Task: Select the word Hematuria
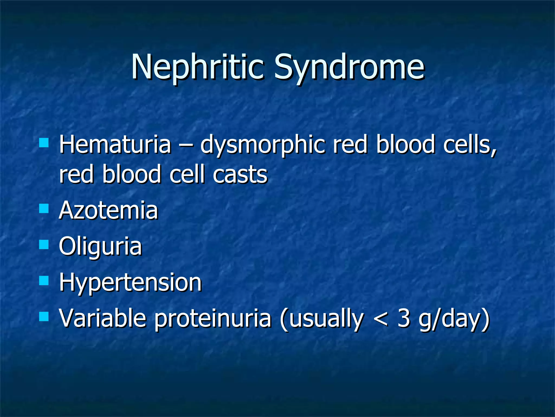[115, 145]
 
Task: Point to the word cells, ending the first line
[470, 145]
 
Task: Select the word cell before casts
[187, 174]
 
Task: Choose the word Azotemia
[108, 210]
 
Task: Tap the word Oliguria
[100, 247]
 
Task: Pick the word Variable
[103, 318]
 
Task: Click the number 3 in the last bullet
[404, 318]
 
